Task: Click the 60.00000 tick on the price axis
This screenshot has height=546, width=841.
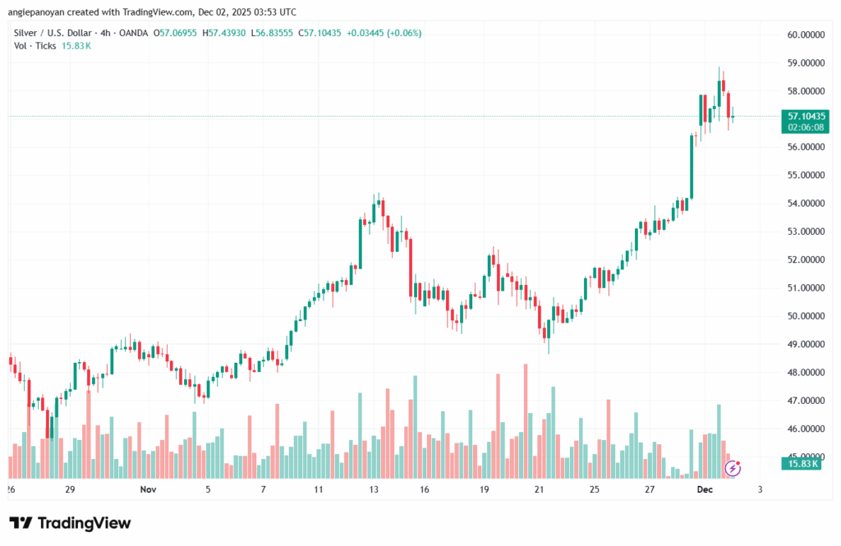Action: pyautogui.click(x=804, y=34)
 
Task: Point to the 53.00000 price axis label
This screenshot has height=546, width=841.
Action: pyautogui.click(x=804, y=232)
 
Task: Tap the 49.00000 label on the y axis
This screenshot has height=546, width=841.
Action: pyautogui.click(x=804, y=344)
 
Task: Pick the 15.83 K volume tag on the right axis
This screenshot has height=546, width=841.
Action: pyautogui.click(x=804, y=464)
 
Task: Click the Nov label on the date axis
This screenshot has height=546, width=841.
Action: pyautogui.click(x=148, y=489)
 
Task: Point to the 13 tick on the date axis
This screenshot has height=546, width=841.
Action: pyautogui.click(x=373, y=489)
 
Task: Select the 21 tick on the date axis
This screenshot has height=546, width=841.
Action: pyautogui.click(x=539, y=489)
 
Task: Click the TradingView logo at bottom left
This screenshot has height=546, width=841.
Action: pyautogui.click(x=70, y=523)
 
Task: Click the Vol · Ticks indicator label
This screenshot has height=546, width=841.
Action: pyautogui.click(x=34, y=46)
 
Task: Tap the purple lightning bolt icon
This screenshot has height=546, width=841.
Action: pyautogui.click(x=733, y=468)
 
